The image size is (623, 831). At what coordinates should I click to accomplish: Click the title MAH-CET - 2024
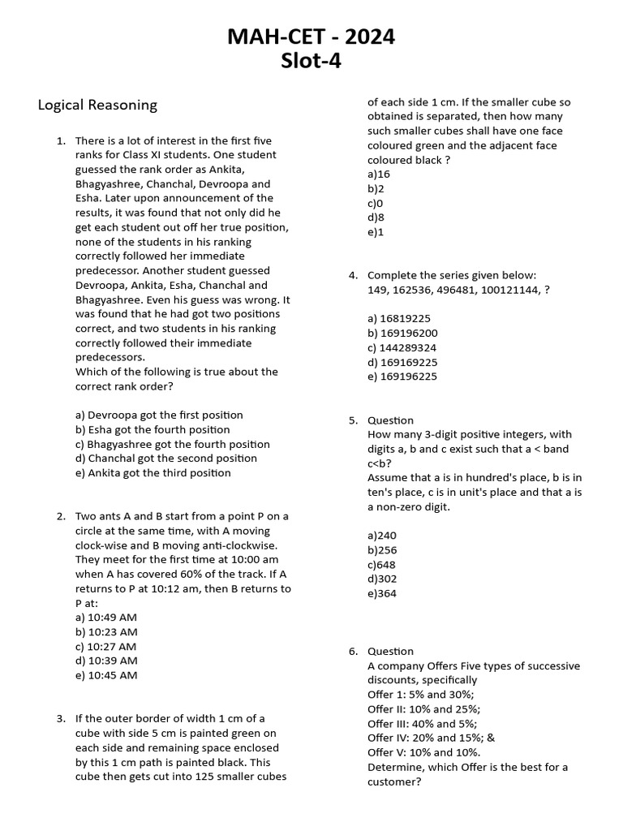click(312, 37)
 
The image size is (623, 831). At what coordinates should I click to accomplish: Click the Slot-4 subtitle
click(312, 62)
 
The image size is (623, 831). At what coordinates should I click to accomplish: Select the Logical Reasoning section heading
click(97, 105)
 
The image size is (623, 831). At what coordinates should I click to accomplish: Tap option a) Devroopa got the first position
click(159, 415)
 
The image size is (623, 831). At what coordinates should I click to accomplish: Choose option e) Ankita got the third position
click(153, 473)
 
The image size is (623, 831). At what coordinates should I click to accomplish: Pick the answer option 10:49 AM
click(106, 618)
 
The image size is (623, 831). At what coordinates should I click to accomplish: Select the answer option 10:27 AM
click(106, 647)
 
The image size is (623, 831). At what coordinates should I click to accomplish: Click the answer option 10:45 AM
click(106, 676)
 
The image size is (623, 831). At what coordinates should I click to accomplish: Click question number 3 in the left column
click(61, 719)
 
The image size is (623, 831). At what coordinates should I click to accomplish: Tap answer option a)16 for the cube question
click(379, 174)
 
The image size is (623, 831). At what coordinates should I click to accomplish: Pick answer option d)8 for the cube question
click(376, 218)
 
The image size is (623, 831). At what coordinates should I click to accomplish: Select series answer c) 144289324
click(402, 347)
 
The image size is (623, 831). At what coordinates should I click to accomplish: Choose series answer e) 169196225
click(402, 377)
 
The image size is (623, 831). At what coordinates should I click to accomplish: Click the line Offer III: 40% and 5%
click(422, 724)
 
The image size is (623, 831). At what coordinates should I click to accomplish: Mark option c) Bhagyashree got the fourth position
click(173, 444)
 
